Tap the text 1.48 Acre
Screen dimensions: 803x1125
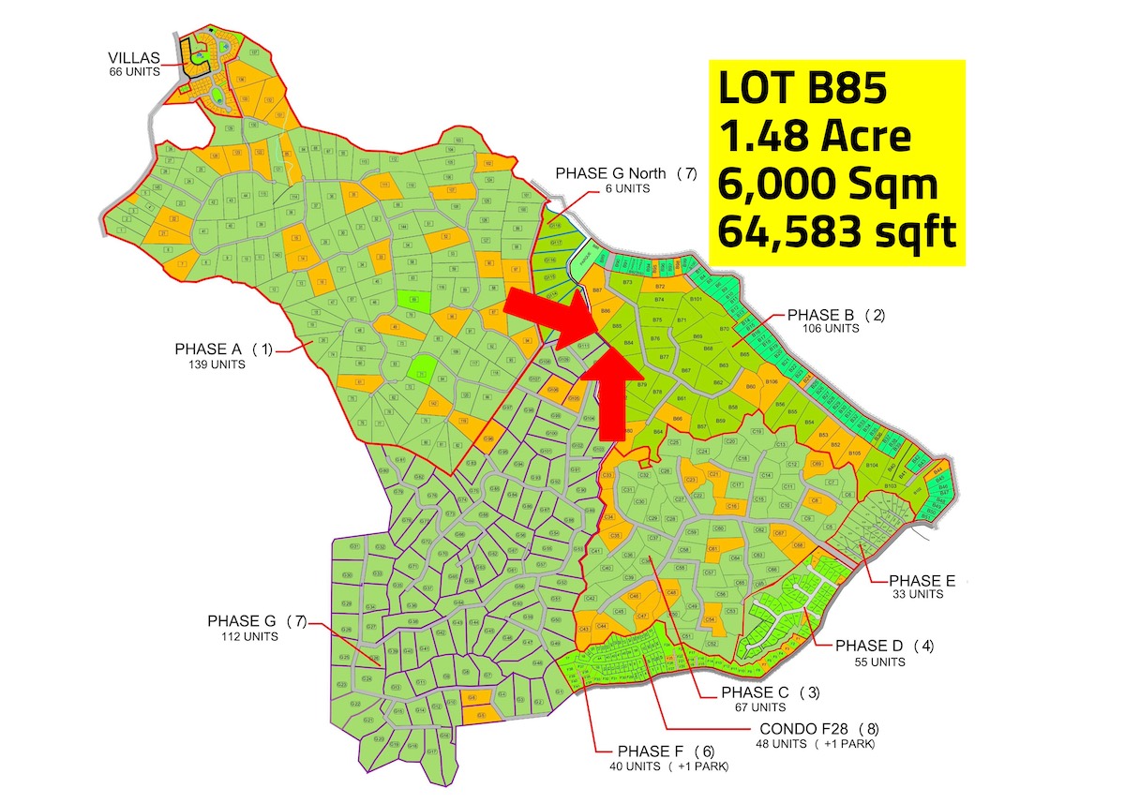tap(814, 137)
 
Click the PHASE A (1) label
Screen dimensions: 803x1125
tap(223, 349)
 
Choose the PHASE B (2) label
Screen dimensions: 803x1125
tap(836, 315)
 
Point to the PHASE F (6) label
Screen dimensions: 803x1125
tap(666, 751)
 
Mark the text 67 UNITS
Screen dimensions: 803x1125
tap(754, 706)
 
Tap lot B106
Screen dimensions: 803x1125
tap(771, 382)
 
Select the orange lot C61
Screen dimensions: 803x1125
tap(712, 548)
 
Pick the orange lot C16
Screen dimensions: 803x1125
tap(731, 506)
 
